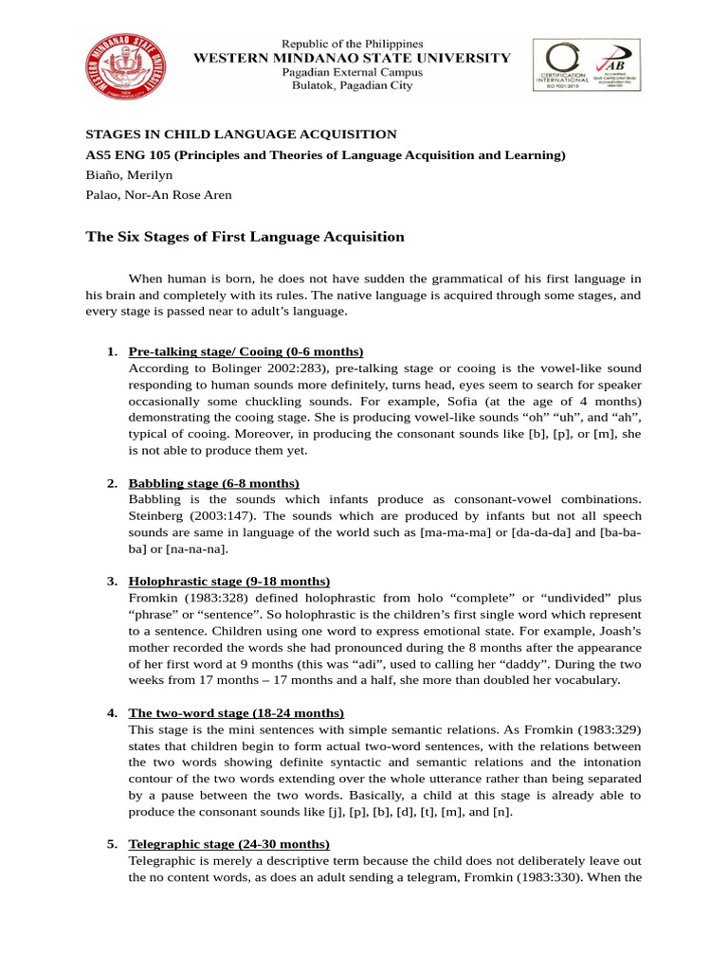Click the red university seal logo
pos(123,66)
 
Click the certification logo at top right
pos(586,64)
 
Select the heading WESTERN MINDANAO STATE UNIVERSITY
pos(352,58)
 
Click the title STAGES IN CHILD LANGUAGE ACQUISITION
pos(242,135)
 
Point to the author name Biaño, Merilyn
pos(131,175)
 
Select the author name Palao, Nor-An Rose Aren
pos(159,195)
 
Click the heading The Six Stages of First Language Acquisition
pos(246,237)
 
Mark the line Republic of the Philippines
pos(352,44)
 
